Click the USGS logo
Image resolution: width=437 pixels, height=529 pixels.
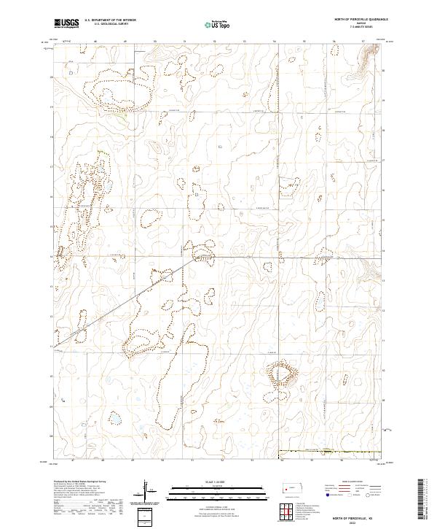click(x=66, y=24)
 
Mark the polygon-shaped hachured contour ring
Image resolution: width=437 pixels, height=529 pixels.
click(x=282, y=376)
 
